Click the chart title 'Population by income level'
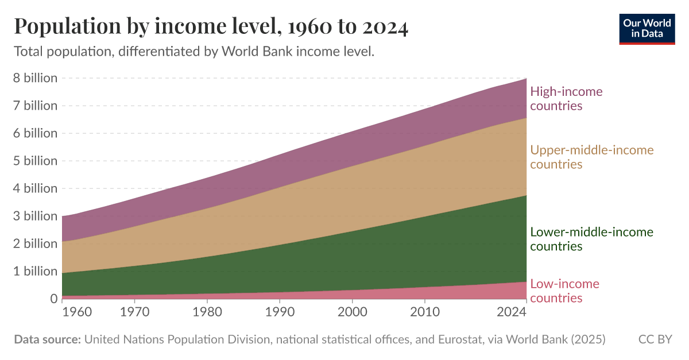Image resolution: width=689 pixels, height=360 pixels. [x=211, y=27]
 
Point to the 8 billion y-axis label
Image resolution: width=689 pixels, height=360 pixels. [x=35, y=78]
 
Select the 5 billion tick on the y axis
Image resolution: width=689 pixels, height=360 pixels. [x=35, y=161]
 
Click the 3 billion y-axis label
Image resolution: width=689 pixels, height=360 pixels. [x=35, y=216]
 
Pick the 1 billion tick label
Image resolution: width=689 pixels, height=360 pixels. [x=35, y=271]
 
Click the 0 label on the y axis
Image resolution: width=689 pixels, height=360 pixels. [x=53, y=299]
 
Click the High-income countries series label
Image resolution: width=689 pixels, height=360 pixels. [x=566, y=98]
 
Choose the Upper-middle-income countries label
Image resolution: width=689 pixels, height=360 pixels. [x=591, y=157]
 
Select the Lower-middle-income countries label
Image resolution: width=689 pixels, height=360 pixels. [x=591, y=239]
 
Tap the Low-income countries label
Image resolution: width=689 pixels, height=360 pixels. [x=564, y=291]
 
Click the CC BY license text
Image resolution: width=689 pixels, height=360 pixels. [x=655, y=339]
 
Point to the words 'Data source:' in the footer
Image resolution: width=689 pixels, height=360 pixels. [x=47, y=339]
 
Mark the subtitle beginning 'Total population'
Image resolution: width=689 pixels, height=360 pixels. [x=194, y=52]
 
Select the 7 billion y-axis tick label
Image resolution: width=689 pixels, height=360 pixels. [x=35, y=106]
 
